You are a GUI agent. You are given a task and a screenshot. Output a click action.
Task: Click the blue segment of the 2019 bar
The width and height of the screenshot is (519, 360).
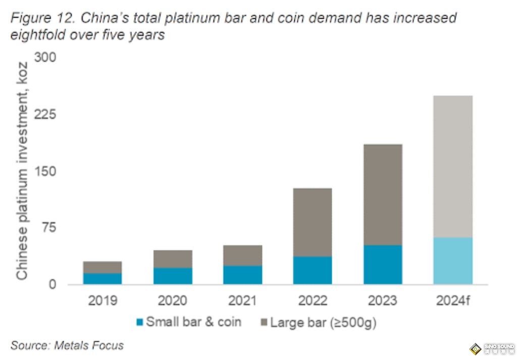coord(102,279)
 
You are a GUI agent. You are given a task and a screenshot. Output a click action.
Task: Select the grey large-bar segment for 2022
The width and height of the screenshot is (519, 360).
coord(313,222)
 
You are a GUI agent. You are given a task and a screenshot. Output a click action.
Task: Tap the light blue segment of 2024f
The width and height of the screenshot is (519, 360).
coord(453,261)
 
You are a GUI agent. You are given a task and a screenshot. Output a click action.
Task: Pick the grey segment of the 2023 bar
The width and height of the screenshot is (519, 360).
coord(383,194)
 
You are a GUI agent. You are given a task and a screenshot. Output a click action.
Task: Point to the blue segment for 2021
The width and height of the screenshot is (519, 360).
coord(242,275)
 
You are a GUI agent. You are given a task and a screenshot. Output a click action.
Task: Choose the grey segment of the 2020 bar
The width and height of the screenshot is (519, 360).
coord(173,259)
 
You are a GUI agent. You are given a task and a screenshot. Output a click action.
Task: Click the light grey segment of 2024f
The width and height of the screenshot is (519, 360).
coord(453,167)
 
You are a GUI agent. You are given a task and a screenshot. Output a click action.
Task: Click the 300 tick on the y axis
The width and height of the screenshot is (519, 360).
coord(45,58)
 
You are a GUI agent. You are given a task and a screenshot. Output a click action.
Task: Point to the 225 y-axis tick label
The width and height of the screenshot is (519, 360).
coord(45,115)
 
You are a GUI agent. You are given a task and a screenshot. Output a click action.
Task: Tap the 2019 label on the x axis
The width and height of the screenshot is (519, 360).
coord(102,301)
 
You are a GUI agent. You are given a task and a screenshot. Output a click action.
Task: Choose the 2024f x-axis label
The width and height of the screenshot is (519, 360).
coord(453,301)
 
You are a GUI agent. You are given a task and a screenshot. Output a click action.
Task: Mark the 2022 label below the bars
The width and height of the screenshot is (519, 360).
coord(313,301)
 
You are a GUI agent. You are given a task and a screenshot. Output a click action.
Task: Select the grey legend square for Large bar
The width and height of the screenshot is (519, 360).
coord(264,322)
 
